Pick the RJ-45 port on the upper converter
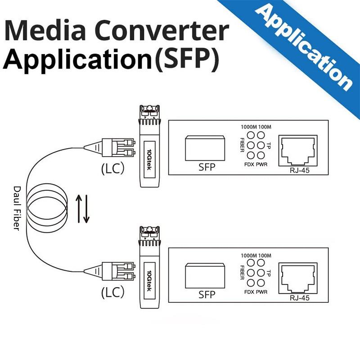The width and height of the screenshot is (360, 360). pos(298,150)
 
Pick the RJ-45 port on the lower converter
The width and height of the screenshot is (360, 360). pos(298,278)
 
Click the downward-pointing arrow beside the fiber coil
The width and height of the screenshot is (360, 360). pos(86,208)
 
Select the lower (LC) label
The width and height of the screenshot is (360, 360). pos(112,293)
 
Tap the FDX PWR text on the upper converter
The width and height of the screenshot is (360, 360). pos(256,164)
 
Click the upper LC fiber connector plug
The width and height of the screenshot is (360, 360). pos(117,147)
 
